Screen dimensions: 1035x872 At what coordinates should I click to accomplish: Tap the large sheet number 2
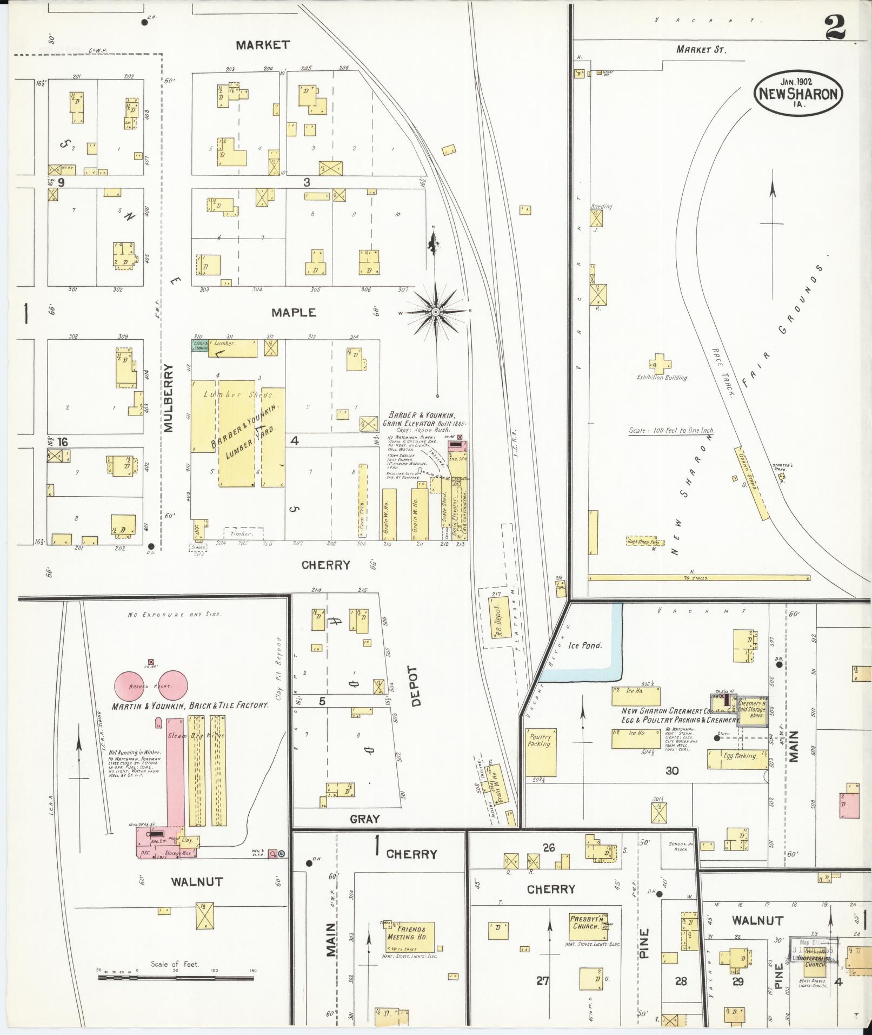tap(835, 27)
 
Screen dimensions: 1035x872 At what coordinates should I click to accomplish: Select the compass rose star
tap(435, 312)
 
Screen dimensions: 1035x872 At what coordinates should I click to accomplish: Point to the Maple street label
tap(294, 313)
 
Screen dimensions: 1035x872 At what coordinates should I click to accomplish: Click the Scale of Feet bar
tap(176, 978)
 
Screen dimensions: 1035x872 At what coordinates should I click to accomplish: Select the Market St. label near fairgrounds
tap(701, 50)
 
